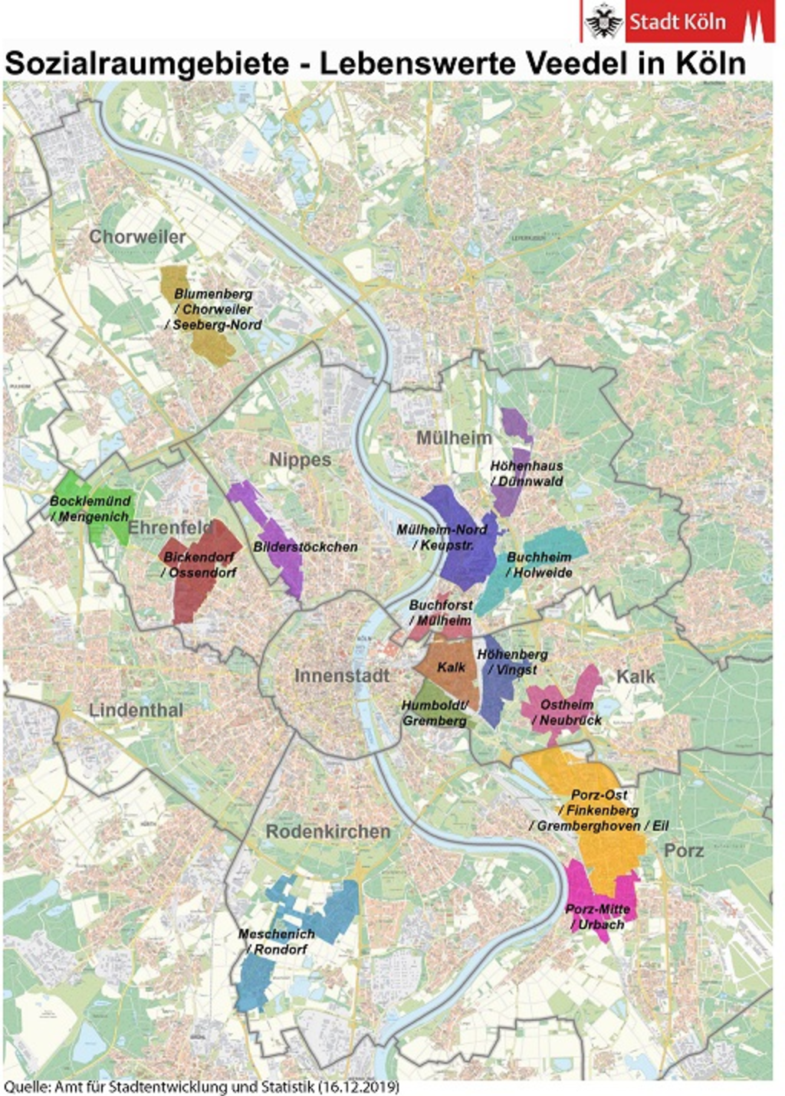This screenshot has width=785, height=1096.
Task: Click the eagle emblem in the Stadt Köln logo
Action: (604, 21)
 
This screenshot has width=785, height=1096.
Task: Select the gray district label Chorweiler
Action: (137, 237)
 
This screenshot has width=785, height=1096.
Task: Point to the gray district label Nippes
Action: (300, 460)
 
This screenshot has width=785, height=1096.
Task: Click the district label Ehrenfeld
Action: (170, 528)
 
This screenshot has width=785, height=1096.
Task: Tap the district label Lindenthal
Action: (136, 710)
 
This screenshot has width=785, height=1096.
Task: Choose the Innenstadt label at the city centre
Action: (342, 676)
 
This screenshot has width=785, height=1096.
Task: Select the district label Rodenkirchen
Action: (328, 832)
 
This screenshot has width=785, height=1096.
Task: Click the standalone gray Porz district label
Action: (684, 851)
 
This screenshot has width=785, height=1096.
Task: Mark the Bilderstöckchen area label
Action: (305, 547)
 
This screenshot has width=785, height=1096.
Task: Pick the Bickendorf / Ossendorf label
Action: (199, 565)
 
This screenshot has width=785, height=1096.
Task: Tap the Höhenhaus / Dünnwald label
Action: (527, 474)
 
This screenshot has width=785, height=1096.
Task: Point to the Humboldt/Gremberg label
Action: (435, 713)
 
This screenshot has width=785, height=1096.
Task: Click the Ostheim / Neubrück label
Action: (567, 712)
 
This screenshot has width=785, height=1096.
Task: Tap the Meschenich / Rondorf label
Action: (276, 941)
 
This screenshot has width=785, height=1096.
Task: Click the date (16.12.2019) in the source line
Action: (360, 1087)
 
